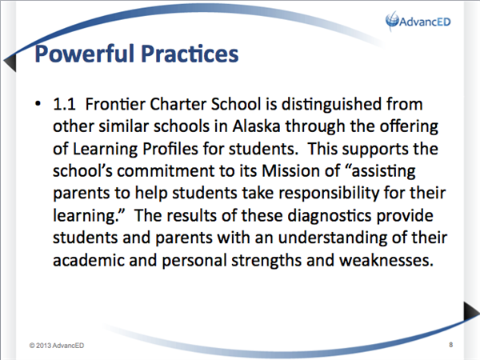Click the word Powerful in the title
(85, 54)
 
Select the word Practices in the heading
(190, 54)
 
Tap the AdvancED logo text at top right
(425, 22)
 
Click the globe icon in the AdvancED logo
(392, 20)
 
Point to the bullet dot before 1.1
(38, 104)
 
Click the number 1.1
(64, 104)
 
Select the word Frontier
(114, 104)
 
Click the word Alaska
(256, 126)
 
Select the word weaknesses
(386, 261)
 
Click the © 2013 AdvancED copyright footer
(57, 346)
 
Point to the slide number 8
(451, 345)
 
